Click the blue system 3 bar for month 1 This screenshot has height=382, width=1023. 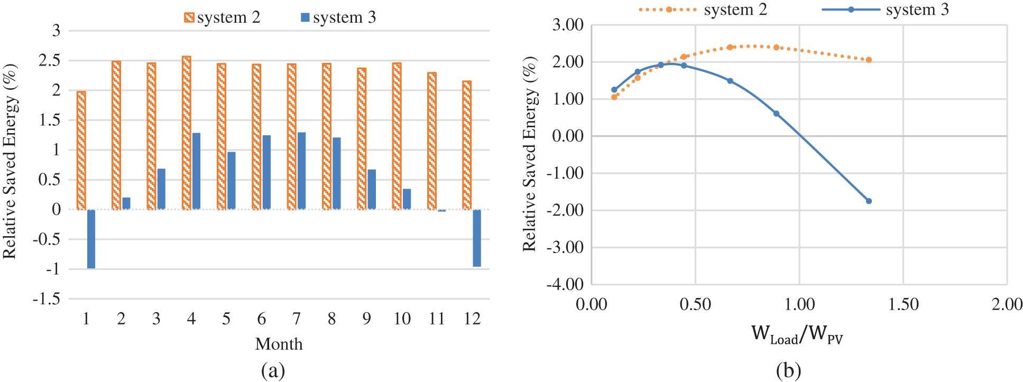(x=91, y=239)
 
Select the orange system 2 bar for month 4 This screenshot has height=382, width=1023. (x=186, y=133)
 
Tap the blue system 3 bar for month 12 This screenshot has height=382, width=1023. (x=477, y=238)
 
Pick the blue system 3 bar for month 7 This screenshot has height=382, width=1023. (x=301, y=171)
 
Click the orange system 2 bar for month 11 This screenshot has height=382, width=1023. (x=432, y=141)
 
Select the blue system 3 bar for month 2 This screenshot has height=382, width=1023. (x=126, y=203)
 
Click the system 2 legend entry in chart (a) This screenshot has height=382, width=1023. (x=222, y=17)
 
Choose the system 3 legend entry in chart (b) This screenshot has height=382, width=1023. (x=886, y=10)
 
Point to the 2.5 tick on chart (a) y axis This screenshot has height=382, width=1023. (x=50, y=60)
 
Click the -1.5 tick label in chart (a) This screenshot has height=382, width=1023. (x=47, y=299)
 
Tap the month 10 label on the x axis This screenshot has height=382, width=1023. (x=402, y=319)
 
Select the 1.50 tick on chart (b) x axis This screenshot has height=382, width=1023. (x=903, y=304)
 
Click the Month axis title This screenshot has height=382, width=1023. (x=279, y=344)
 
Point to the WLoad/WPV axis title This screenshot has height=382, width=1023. (x=797, y=334)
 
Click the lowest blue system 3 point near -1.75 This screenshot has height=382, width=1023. (x=869, y=201)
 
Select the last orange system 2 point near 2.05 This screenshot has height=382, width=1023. (x=869, y=60)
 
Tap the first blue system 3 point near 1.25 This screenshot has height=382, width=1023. (x=614, y=90)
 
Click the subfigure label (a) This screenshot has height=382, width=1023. (x=273, y=370)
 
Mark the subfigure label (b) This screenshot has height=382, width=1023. (x=788, y=370)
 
